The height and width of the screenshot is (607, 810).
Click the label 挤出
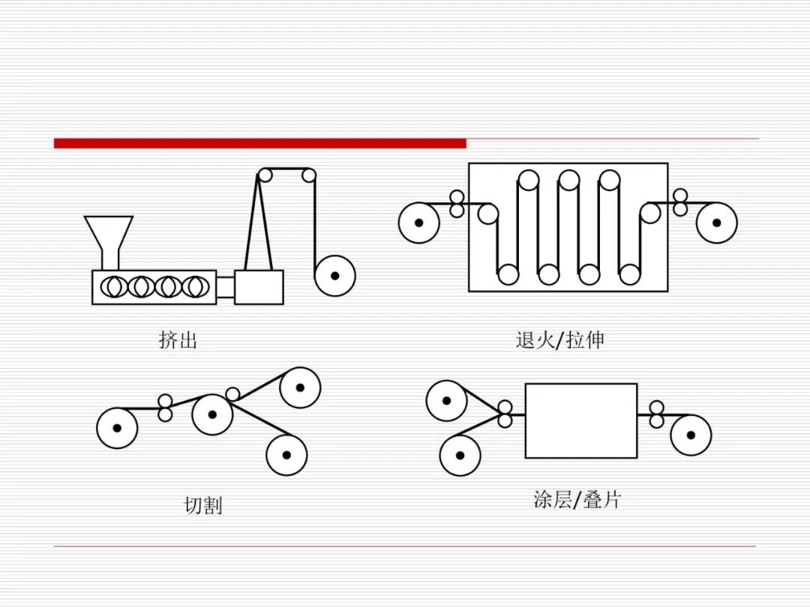click(x=178, y=340)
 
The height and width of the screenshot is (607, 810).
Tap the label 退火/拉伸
click(x=559, y=340)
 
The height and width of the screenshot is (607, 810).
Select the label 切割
click(x=203, y=505)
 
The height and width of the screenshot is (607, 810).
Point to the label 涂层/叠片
click(x=577, y=499)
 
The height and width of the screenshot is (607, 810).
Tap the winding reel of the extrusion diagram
click(x=334, y=276)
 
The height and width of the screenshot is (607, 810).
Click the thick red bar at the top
click(x=259, y=143)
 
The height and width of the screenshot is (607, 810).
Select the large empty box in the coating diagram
click(x=581, y=420)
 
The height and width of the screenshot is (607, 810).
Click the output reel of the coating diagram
click(x=691, y=435)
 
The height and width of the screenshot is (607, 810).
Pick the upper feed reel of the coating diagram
click(x=447, y=400)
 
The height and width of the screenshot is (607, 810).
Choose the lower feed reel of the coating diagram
click(x=460, y=456)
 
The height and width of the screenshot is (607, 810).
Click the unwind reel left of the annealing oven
click(x=419, y=223)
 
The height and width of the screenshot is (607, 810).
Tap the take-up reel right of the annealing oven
click(x=716, y=223)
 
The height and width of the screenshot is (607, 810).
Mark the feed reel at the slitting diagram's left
click(x=117, y=428)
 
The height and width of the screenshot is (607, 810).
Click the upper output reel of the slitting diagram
click(x=300, y=387)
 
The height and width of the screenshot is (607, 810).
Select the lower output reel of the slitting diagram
click(x=286, y=455)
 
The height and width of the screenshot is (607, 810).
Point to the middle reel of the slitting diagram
click(x=211, y=414)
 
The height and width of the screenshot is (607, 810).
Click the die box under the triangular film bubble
click(x=259, y=287)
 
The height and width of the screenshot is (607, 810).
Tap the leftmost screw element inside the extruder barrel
click(x=114, y=286)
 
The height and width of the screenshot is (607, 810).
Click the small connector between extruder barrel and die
click(x=225, y=287)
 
